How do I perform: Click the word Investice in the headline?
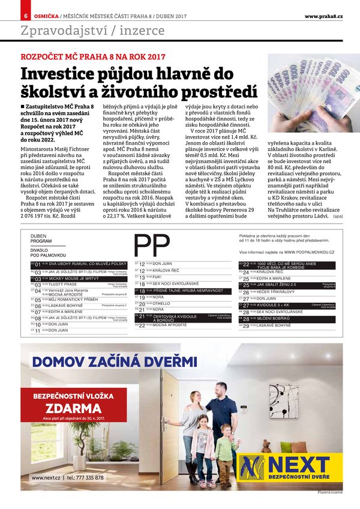coord(55,74)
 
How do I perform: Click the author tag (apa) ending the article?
coord(338,215)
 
